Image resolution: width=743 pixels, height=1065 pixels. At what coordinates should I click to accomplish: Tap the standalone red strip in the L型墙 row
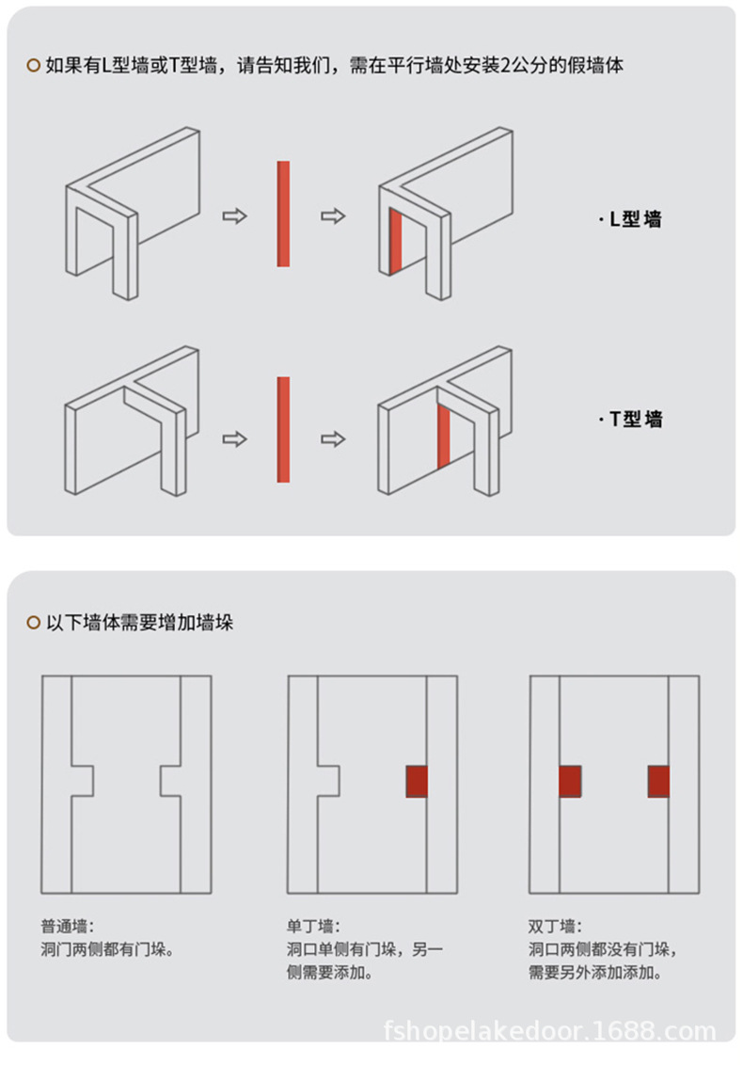point(283,214)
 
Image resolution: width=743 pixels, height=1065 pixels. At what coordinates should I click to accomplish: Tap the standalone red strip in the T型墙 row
point(283,429)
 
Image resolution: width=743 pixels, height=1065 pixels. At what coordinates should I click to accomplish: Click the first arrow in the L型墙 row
point(234,216)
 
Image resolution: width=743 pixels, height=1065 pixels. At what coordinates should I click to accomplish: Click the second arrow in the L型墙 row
point(333,216)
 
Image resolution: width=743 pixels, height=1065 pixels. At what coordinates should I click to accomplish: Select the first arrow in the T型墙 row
point(234,439)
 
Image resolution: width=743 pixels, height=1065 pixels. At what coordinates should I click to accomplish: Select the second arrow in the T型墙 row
point(333,439)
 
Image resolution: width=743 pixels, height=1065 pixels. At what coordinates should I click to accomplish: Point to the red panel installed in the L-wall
point(396,242)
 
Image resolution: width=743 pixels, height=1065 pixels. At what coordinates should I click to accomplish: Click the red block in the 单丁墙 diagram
point(417,781)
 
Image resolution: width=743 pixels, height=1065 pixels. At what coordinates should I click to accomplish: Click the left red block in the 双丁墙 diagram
point(570,781)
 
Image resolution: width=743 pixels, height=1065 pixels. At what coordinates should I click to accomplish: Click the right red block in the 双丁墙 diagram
point(658,781)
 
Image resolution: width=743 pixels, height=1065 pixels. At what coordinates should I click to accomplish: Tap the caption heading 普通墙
point(67,926)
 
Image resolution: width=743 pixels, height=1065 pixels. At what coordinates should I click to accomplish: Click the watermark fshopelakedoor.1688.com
point(550,1031)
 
